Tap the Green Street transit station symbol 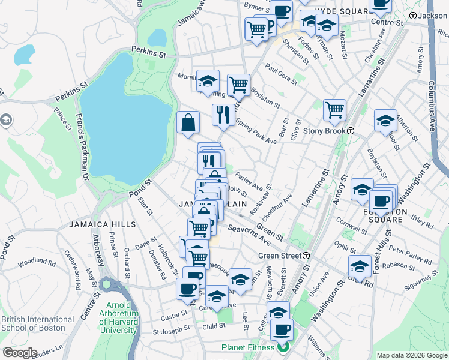[x=306, y=256]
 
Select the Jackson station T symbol [x=412, y=16]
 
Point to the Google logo [x=20, y=353]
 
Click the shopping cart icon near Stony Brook [x=334, y=110]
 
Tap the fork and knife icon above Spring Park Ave [x=223, y=114]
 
